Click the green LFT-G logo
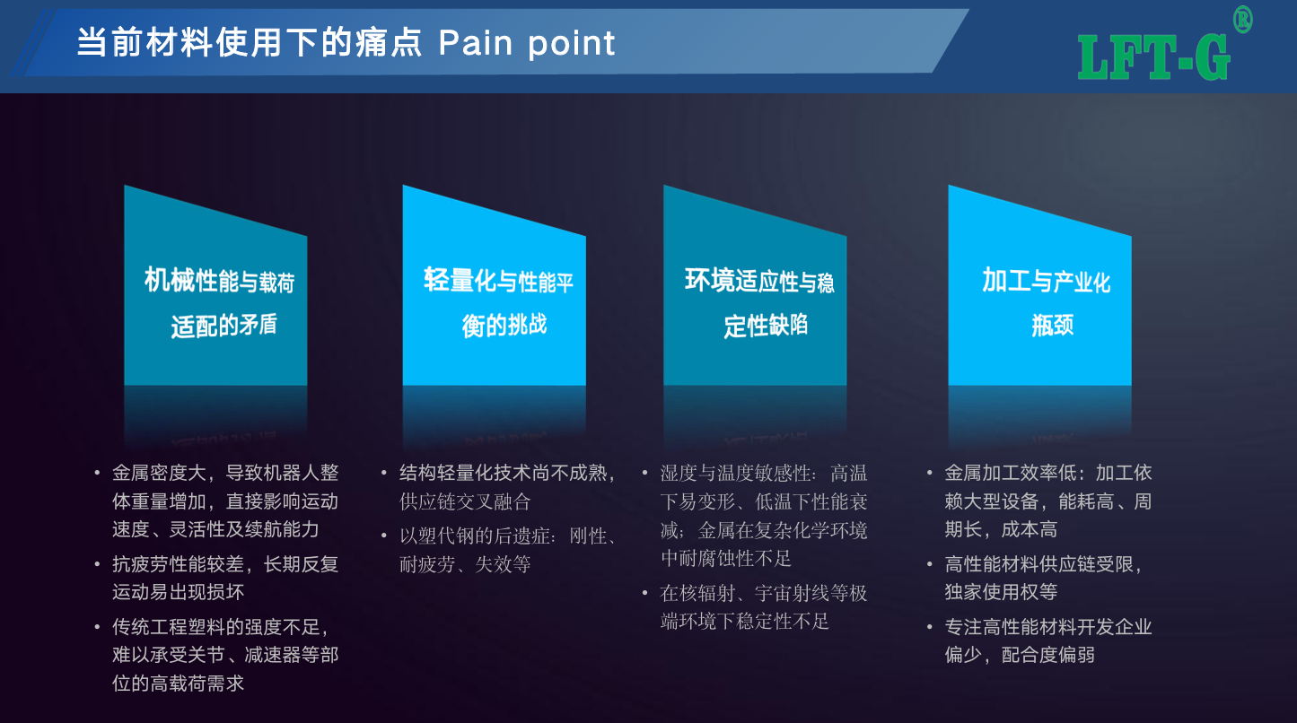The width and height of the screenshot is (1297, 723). coord(1153,57)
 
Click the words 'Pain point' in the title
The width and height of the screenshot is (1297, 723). coord(526,43)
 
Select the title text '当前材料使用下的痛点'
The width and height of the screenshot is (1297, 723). coord(250,43)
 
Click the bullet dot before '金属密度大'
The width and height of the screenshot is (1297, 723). coord(97,474)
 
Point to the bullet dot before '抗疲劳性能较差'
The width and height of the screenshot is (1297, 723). coord(97,564)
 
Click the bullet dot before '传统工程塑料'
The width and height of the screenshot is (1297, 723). coord(97,627)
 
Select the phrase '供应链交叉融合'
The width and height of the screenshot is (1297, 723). coord(465,501)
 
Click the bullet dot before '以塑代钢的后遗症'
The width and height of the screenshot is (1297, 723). coord(384,536)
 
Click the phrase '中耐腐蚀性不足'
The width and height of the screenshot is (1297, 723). coord(726,559)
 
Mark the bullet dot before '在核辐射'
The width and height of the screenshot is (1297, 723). coord(644,593)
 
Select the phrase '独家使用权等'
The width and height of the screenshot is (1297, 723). coord(1001,592)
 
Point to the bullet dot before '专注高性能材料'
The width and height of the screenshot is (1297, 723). coord(929,627)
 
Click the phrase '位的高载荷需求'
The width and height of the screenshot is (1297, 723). coord(179,684)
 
